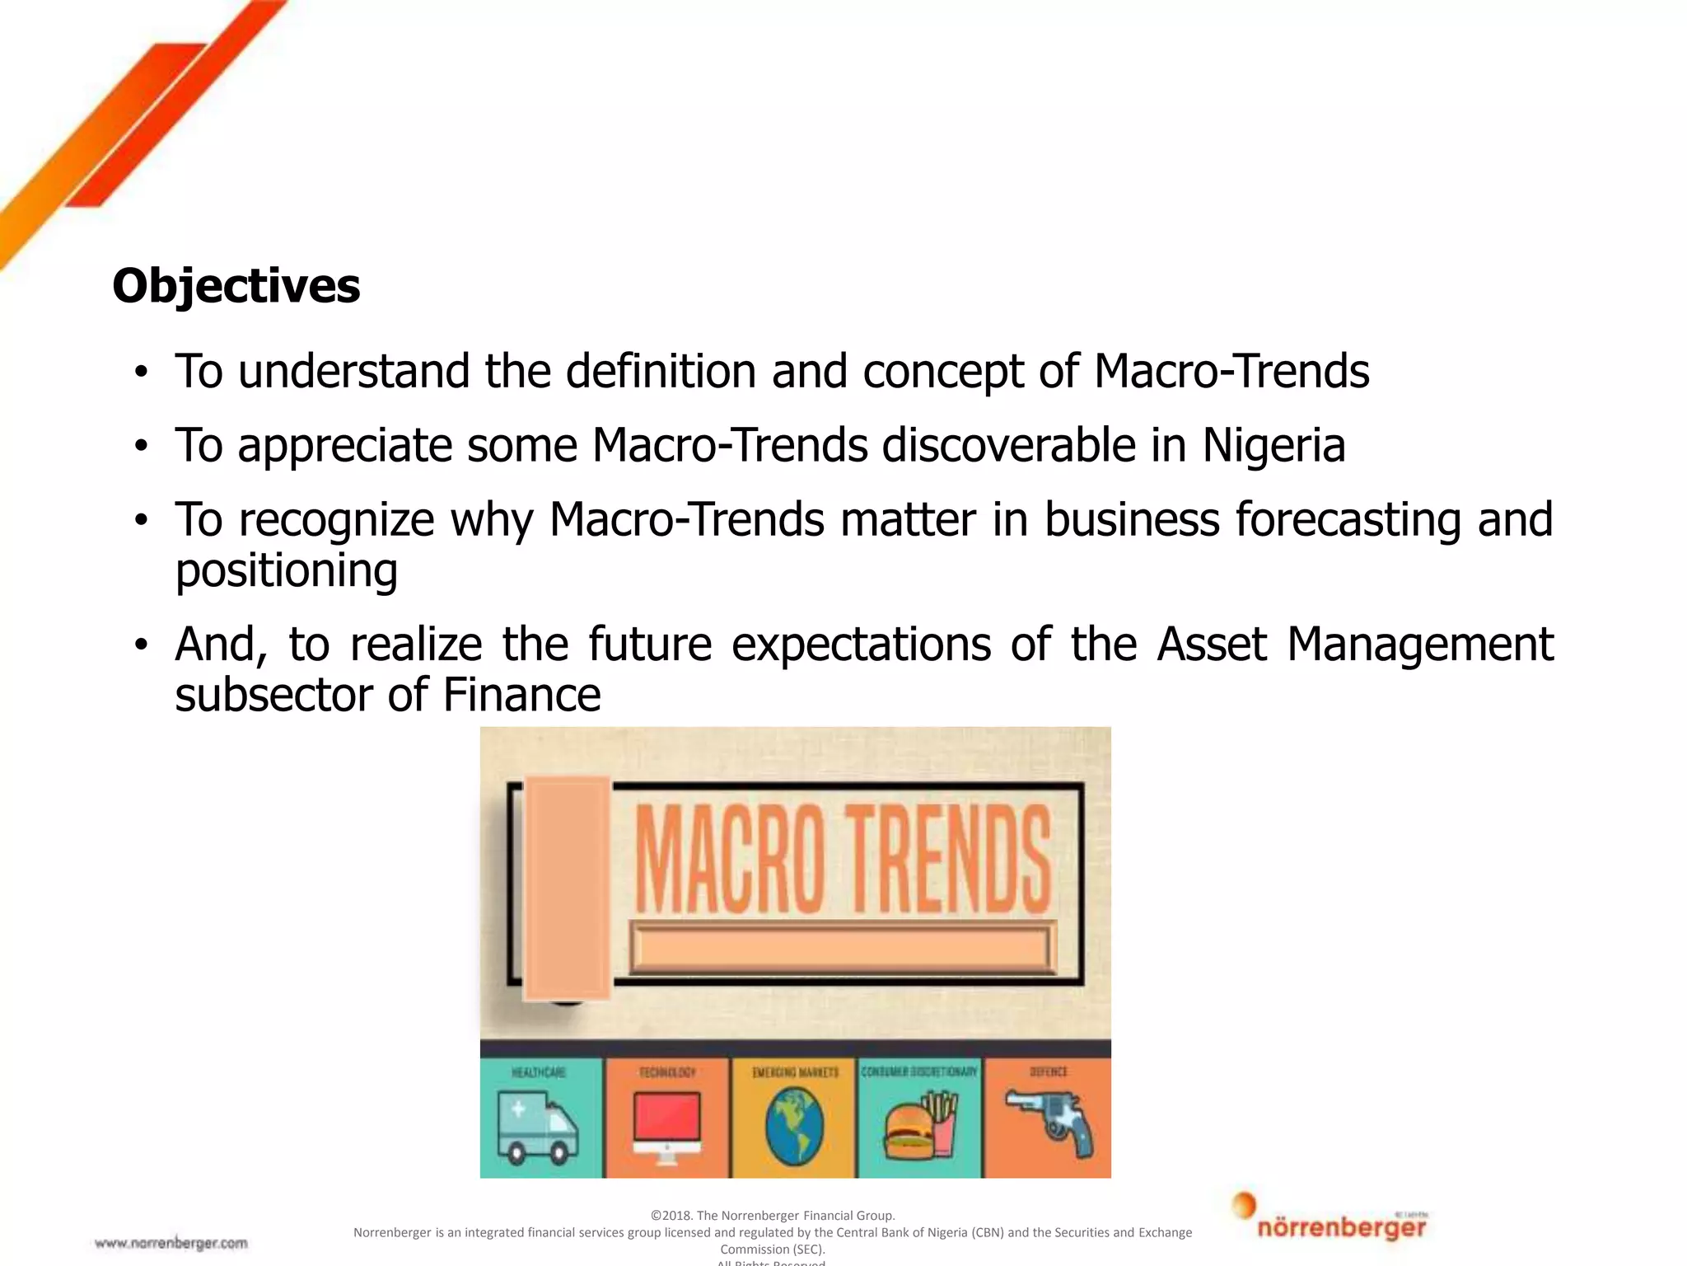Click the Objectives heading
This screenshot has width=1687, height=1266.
pyautogui.click(x=236, y=286)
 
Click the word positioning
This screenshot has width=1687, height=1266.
pyautogui.click(x=286, y=571)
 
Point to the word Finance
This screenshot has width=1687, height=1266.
pyautogui.click(x=521, y=695)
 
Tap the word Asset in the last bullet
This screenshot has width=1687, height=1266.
pyautogui.click(x=1211, y=644)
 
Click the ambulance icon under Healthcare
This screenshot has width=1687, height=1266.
pyautogui.click(x=537, y=1126)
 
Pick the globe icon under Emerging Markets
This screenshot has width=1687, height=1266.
pyautogui.click(x=794, y=1126)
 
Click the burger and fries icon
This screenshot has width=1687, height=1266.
pyautogui.click(x=920, y=1126)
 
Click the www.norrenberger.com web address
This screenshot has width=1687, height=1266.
pyautogui.click(x=171, y=1243)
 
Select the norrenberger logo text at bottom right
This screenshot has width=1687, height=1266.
pyautogui.click(x=1341, y=1228)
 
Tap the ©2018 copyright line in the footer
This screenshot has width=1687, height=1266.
pyautogui.click(x=772, y=1215)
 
